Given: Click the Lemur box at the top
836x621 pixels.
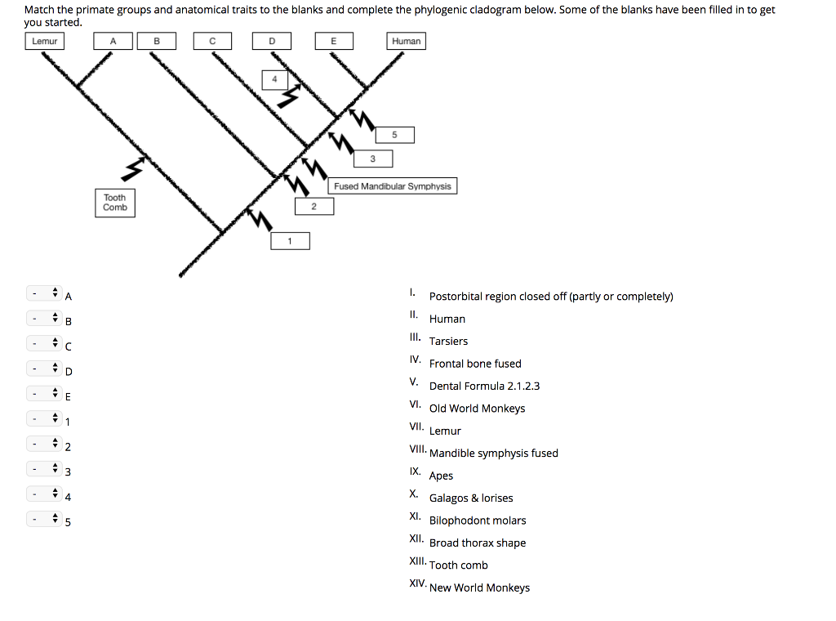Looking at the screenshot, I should [x=45, y=41].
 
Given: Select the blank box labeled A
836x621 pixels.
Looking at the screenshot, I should [x=113, y=41].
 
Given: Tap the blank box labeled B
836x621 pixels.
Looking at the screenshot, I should [x=157, y=41].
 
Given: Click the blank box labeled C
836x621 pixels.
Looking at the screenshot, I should [x=212, y=41].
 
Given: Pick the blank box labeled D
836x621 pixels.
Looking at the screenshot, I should [x=272, y=41].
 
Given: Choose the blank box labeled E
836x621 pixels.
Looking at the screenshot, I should [x=333, y=41].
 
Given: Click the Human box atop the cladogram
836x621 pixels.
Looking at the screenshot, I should [x=406, y=41].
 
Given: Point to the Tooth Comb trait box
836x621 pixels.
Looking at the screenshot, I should [x=115, y=203].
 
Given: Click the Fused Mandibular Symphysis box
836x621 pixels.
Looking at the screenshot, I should [x=393, y=186].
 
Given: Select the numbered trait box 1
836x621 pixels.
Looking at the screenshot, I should [x=290, y=241].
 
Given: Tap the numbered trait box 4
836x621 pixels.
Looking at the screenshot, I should [x=274, y=79].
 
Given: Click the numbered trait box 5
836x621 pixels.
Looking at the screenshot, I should [x=394, y=135].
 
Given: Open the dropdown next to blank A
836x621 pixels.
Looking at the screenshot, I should [x=45, y=293].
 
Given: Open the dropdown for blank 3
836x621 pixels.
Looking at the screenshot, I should [x=45, y=471].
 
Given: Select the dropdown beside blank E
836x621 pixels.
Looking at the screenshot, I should [x=45, y=395].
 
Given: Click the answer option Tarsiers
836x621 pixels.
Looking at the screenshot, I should [x=448, y=342].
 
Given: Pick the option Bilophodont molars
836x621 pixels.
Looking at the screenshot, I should [x=478, y=520].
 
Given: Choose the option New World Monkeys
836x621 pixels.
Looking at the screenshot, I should [x=479, y=587].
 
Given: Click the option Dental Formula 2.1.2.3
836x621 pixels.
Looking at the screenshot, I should [x=484, y=386].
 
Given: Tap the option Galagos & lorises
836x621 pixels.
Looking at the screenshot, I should [x=471, y=498].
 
